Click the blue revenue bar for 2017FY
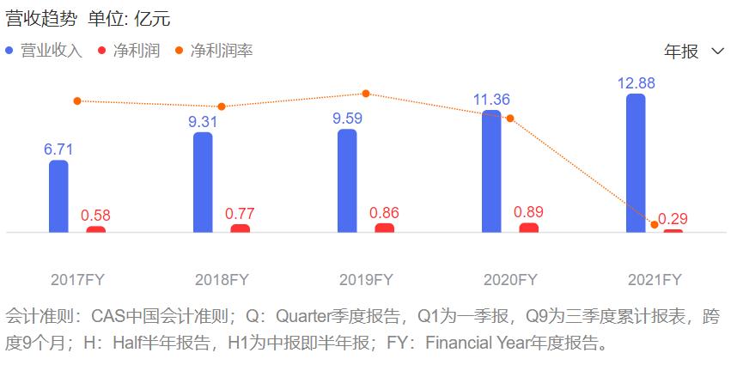58,196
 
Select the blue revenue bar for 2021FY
636,163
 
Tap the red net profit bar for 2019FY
385,228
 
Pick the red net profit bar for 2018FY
241,228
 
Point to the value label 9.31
203,122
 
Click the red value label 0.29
673,218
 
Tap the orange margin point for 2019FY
366,94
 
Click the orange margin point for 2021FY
655,225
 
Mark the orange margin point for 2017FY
77,100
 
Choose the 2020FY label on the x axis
510,280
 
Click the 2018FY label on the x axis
222,280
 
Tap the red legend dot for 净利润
102,51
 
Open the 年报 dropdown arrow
718,52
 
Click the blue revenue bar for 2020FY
491,171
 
